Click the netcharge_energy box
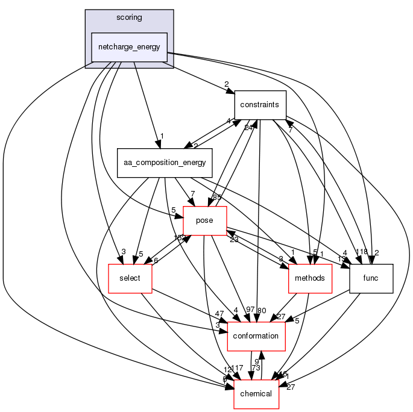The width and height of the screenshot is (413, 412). click(128, 46)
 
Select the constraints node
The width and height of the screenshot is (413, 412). click(259, 105)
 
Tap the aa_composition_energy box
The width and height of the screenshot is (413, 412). click(165, 163)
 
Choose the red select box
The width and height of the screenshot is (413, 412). click(130, 278)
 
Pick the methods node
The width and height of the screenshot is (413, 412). click(311, 278)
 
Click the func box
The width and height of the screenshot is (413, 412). click(371, 278)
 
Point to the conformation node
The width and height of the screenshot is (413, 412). click(256, 336)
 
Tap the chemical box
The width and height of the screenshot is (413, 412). click(256, 393)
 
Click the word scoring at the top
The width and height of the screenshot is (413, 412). click(128, 17)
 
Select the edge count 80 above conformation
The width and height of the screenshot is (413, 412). click(261, 310)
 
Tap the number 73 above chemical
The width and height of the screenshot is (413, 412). click(256, 367)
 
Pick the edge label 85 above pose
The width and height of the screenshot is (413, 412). click(217, 198)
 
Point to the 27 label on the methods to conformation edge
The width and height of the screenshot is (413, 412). click(280, 316)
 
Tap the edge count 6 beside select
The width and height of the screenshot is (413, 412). click(156, 260)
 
